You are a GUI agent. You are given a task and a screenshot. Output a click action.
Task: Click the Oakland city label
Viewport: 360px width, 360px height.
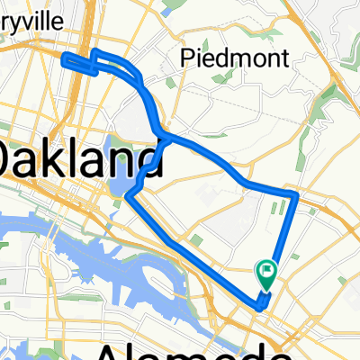point(76,160)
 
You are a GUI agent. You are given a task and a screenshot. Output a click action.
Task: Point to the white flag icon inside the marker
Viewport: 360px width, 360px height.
point(267,268)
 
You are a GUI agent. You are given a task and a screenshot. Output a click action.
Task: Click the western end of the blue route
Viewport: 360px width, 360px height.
point(65,59)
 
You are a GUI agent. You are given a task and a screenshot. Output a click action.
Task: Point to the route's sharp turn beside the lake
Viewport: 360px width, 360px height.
point(128,195)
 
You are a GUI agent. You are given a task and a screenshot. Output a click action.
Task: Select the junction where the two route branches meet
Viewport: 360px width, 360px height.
point(163,137)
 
